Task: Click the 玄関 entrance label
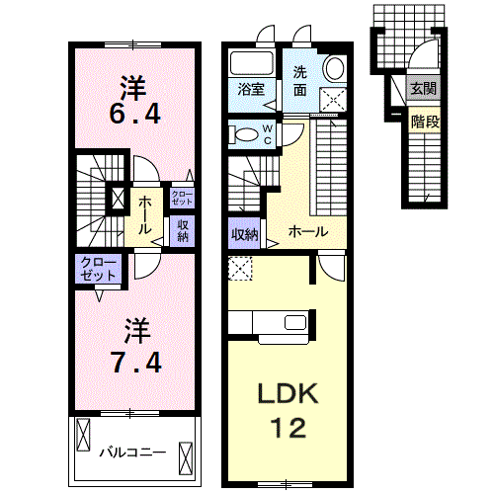pos(423,88)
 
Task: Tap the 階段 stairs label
pos(425,123)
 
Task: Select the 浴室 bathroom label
pos(251,89)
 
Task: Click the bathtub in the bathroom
pos(252,63)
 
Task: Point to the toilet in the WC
pos(245,134)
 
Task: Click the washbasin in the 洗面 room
pos(335,68)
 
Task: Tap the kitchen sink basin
pos(295,322)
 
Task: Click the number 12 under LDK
pos(288,427)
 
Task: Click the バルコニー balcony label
pos(133,453)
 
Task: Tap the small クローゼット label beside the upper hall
pos(182,198)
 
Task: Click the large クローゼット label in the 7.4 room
pos(98,269)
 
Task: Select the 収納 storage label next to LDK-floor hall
pos(245,234)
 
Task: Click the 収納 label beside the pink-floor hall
pos(183,231)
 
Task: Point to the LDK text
pos(288,393)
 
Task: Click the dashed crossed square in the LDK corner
pos(240,269)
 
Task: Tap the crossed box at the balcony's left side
pos(83,435)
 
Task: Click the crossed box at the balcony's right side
pos(186,458)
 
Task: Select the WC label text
pos(268,134)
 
